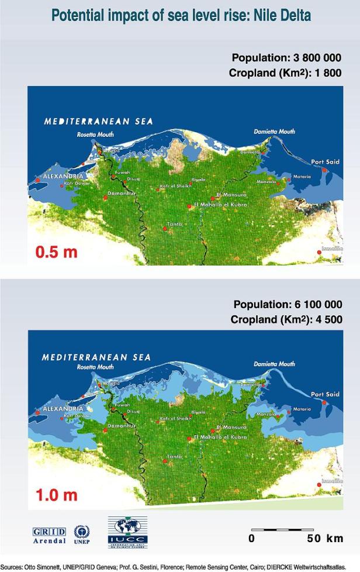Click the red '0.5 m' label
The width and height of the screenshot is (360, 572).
pos(56,253)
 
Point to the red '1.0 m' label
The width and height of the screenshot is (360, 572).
pos(56,495)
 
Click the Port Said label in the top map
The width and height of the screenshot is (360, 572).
pos(325,162)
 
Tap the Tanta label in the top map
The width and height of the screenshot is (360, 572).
pos(175,224)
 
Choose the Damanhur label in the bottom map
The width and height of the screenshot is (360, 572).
pos(120,426)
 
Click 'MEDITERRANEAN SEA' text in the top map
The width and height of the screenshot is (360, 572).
pos(98,122)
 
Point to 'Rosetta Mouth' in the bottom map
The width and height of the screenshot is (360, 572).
pos(95,367)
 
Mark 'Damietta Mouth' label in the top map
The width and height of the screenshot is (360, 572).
pos(274,132)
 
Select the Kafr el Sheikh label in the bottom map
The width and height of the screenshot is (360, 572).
pos(175,419)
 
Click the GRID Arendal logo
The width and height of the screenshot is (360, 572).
pos(49,535)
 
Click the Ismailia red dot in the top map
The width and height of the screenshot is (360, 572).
pos(319,252)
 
